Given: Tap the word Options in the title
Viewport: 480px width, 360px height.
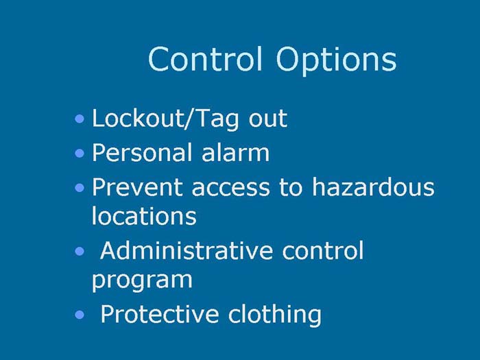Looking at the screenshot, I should [x=336, y=60].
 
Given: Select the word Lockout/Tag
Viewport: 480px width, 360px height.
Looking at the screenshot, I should [x=166, y=119].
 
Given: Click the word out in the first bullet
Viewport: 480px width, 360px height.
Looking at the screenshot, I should [x=267, y=119].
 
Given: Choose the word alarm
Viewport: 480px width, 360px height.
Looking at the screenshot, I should [x=236, y=152].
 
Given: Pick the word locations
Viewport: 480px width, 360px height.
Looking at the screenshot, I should [x=143, y=216].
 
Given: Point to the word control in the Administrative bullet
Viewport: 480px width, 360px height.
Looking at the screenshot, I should [x=322, y=250].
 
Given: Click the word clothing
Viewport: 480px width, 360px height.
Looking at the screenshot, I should [x=275, y=314].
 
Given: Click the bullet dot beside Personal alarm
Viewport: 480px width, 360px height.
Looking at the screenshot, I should [x=81, y=153].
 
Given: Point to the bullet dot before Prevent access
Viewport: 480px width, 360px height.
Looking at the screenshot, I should [x=81, y=187].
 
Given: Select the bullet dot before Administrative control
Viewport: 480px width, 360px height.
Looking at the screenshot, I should [x=80, y=252].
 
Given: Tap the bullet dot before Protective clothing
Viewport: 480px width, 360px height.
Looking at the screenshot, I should [x=80, y=315].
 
